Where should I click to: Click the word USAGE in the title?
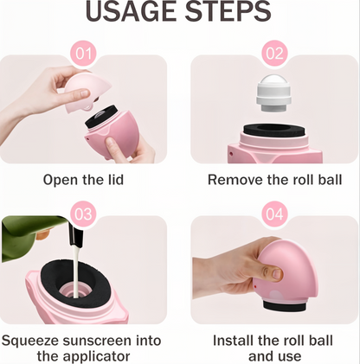click(132, 11)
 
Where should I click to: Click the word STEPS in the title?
click(228, 11)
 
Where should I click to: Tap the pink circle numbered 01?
click(84, 54)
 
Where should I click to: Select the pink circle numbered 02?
click(274, 54)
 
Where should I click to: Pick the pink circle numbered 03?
click(84, 214)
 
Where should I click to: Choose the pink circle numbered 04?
click(274, 214)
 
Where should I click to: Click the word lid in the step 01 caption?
click(115, 180)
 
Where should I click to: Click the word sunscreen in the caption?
click(97, 341)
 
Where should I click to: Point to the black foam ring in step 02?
click(274, 130)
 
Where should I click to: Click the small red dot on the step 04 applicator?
click(255, 286)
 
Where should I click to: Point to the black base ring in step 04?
click(284, 306)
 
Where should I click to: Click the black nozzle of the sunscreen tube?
click(74, 234)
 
